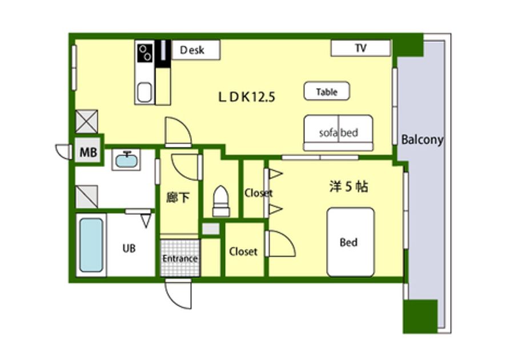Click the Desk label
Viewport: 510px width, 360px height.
192,50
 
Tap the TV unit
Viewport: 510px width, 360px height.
361,48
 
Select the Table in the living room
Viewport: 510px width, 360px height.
327,91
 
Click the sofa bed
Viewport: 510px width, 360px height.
338,133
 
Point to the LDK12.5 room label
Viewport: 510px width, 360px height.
247,97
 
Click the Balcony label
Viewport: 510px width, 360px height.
422,139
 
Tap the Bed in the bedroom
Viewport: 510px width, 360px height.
351,242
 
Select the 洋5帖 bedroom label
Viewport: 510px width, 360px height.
349,187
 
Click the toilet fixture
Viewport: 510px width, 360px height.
221,201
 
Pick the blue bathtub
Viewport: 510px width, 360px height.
91,245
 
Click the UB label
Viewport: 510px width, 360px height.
129,249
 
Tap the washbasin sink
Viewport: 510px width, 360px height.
126,160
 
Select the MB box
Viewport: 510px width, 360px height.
88,152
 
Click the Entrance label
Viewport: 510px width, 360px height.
180,258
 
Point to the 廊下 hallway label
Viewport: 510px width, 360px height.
178,197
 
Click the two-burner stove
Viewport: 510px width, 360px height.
145,52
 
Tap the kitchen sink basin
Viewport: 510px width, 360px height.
144,93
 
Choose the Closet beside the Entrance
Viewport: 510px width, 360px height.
243,251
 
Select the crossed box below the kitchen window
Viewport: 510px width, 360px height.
86,122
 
